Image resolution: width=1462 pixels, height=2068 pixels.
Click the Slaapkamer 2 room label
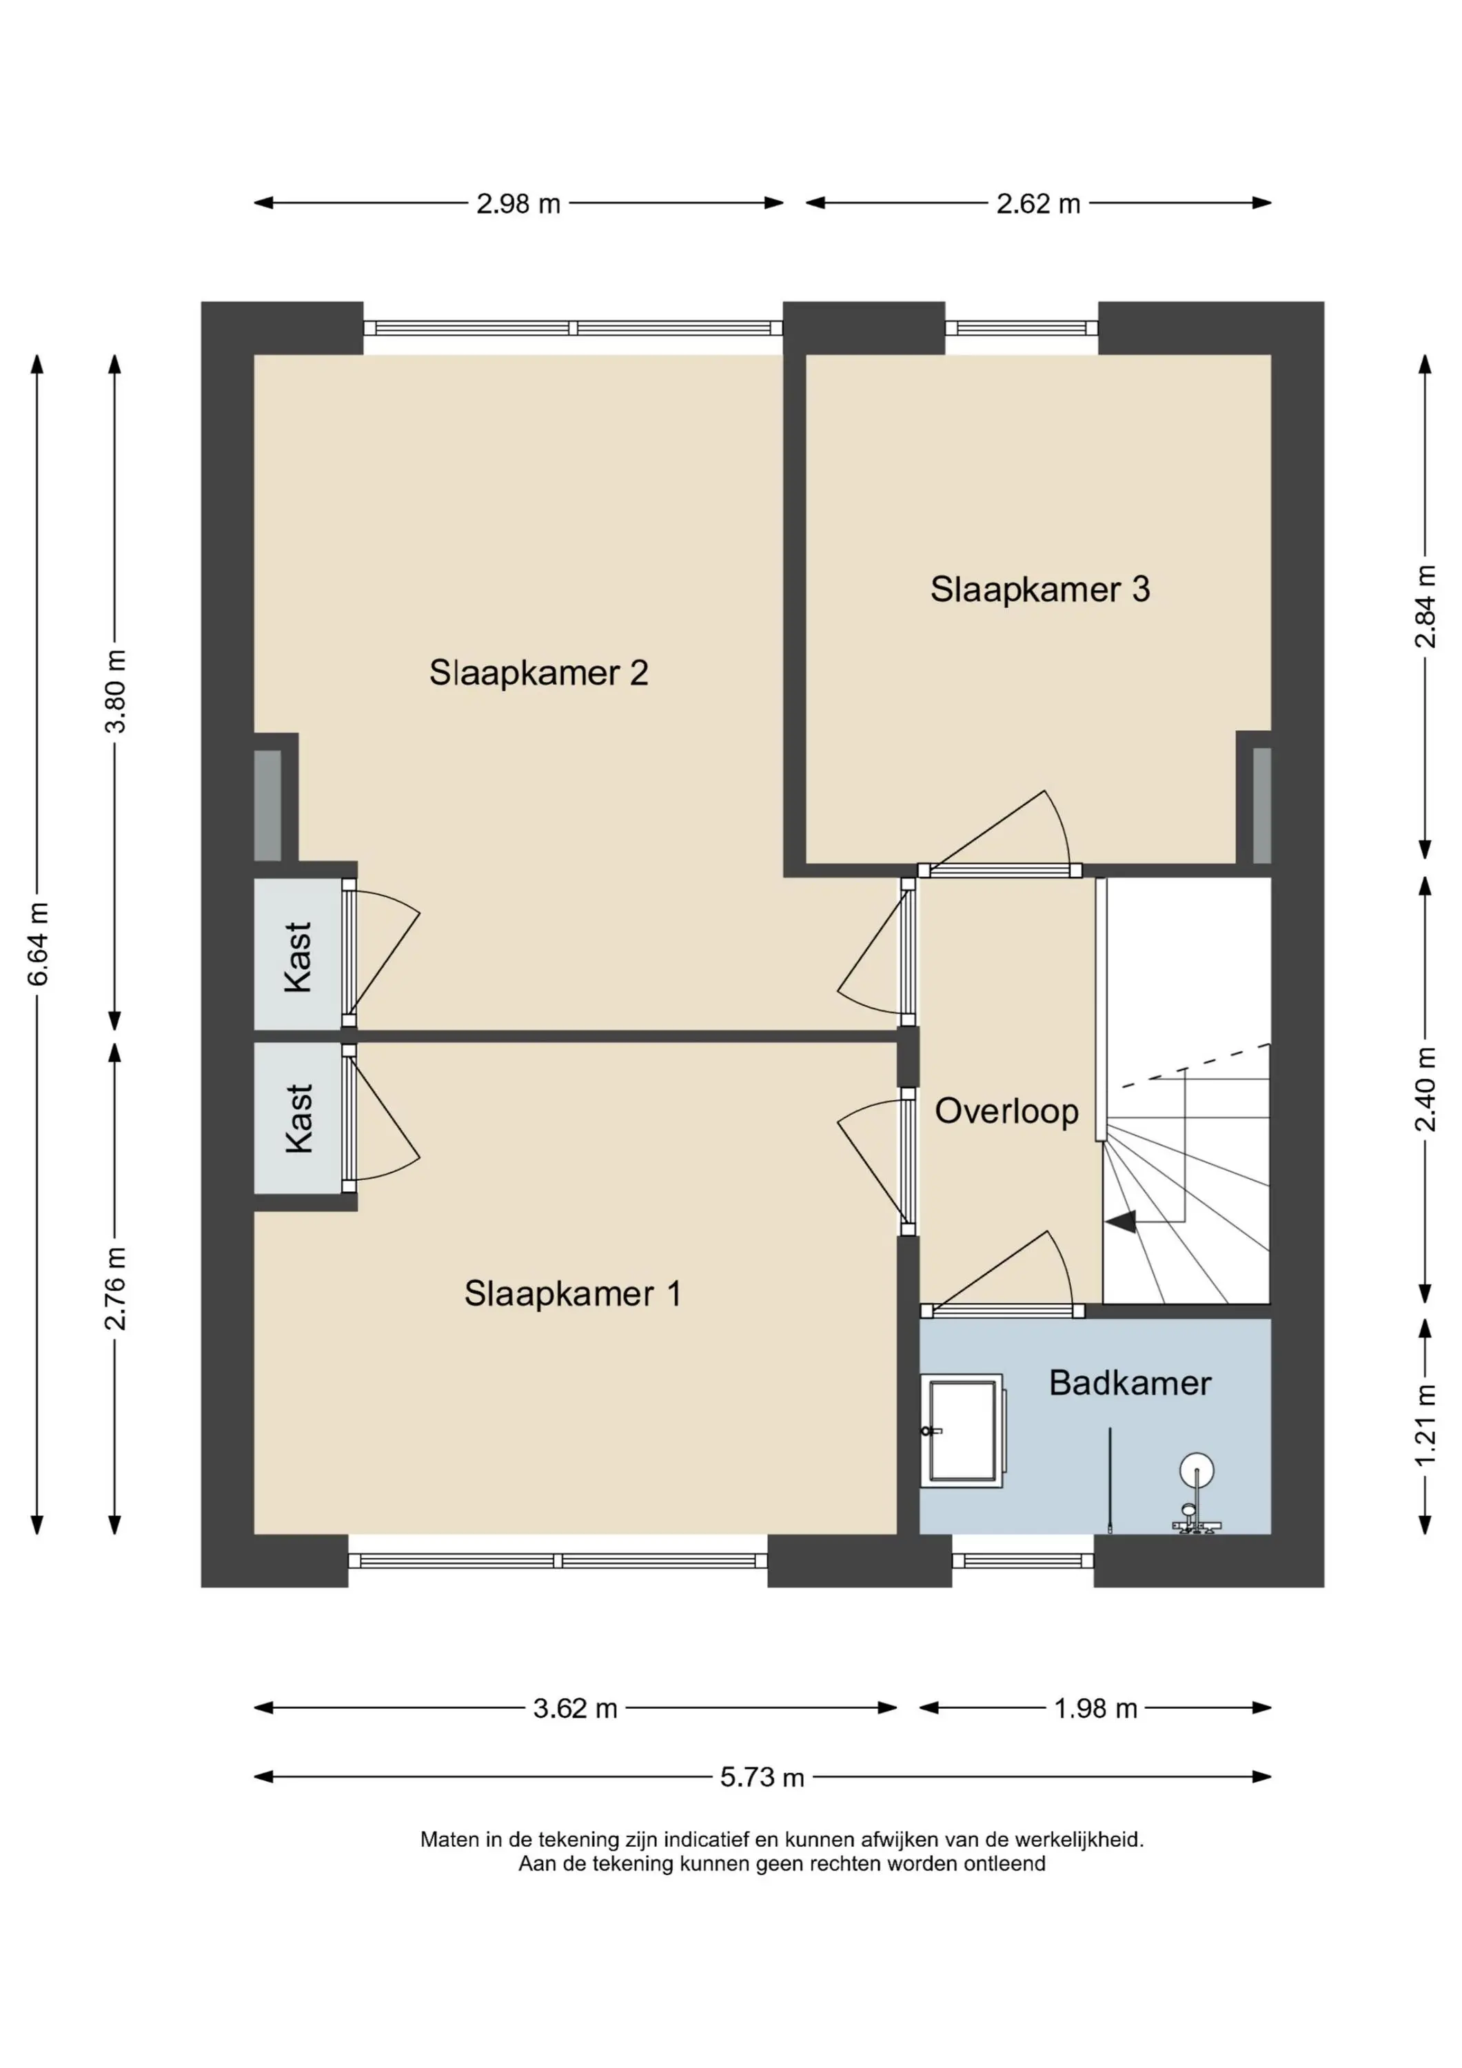click(x=538, y=673)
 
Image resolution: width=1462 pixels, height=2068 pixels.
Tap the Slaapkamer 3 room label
click(x=1040, y=589)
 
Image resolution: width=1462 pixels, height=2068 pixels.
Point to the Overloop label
click(x=1006, y=1111)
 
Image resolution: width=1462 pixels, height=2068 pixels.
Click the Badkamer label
click(x=1130, y=1383)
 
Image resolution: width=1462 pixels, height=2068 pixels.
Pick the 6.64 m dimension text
click(x=38, y=944)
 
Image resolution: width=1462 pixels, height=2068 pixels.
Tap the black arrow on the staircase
click(x=1121, y=1222)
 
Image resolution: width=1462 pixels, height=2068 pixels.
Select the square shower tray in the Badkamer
click(x=963, y=1430)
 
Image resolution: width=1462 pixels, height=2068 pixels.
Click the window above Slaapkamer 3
click(x=1022, y=328)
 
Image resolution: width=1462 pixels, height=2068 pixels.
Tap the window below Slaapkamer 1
click(x=558, y=1561)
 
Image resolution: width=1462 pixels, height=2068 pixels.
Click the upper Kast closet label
click(x=298, y=957)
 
